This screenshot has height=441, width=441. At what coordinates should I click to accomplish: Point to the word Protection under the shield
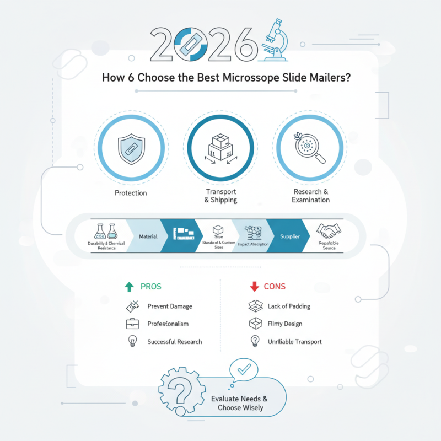pos(131,193)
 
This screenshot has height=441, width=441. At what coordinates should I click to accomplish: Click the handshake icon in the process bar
pos(329,230)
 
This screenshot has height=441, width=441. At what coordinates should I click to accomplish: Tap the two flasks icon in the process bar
pos(106,232)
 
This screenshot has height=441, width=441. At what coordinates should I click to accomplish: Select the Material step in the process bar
pos(147,236)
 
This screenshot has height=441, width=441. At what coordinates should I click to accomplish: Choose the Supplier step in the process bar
pos(289,236)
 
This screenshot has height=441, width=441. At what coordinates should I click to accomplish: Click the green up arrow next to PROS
pos(130,287)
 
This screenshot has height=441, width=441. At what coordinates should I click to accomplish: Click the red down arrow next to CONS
pos(255,287)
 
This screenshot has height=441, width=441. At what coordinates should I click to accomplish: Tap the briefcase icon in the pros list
pos(132,324)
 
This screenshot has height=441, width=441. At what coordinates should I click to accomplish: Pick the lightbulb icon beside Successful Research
pos(132,341)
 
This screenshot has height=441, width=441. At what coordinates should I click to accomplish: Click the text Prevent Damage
pos(170,306)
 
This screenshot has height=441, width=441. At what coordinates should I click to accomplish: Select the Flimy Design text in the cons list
pos(285,324)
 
